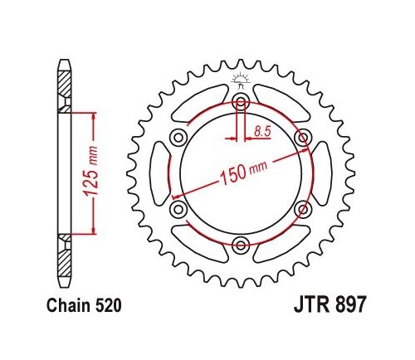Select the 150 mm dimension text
[x=243, y=172]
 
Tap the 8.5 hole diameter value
[x=262, y=131]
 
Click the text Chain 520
[x=84, y=305]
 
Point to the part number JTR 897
[x=330, y=304]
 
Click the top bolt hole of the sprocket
[x=241, y=102]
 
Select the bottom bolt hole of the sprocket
[x=240, y=245]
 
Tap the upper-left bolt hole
[x=178, y=138]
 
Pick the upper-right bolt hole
[x=303, y=138]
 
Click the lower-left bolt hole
[x=178, y=209]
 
